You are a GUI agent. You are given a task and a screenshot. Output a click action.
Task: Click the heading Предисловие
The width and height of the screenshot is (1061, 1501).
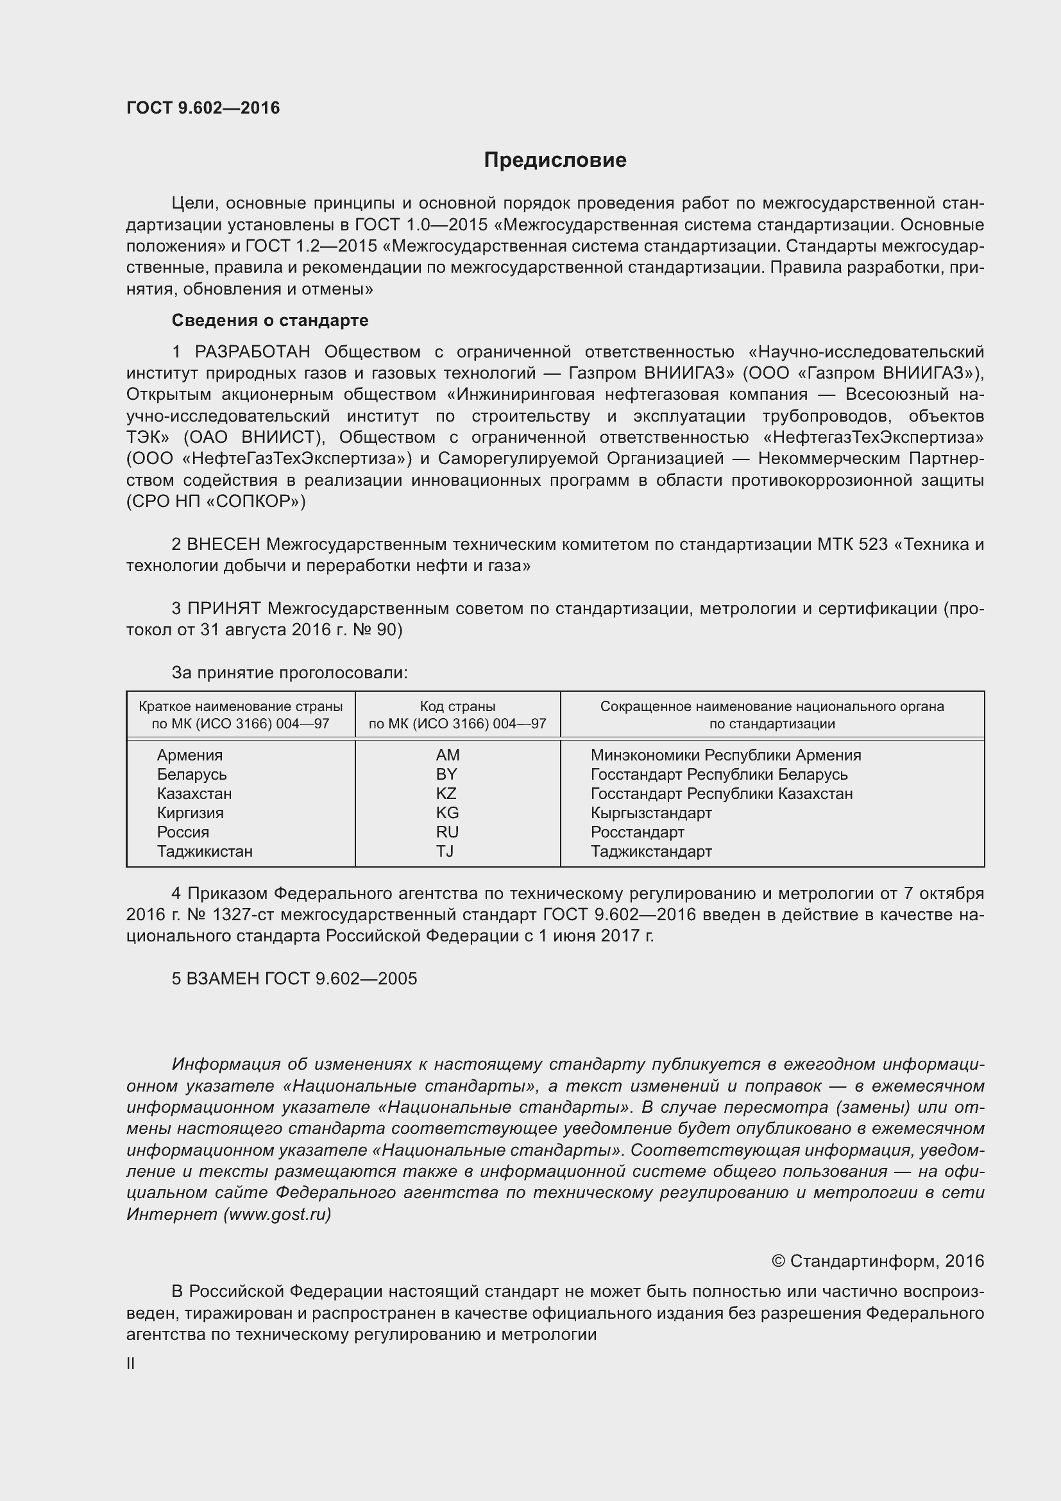[x=555, y=160]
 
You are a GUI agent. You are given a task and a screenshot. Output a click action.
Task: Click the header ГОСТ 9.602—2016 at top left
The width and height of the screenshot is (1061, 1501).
[x=203, y=108]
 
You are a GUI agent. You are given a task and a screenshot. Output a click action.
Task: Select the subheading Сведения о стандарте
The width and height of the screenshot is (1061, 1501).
[x=270, y=320]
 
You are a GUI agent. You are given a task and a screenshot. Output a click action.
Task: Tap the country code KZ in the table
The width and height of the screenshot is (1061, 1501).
[x=446, y=794]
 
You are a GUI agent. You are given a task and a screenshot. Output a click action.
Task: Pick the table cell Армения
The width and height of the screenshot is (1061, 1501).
[x=189, y=755]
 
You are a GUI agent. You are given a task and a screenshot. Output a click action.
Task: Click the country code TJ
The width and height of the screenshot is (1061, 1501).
[x=445, y=851]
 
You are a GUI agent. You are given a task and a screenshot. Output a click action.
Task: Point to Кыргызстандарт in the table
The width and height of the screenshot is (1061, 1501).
[x=650, y=813]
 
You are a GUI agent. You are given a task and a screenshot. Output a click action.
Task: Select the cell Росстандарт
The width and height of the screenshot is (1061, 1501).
[x=637, y=832]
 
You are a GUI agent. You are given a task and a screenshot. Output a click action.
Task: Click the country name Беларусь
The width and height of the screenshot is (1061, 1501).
[x=191, y=775]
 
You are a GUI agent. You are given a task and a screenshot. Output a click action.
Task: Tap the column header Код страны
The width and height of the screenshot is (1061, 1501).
[x=457, y=707]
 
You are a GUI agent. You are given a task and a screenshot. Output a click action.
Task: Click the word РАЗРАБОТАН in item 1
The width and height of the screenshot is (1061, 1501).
[x=252, y=352]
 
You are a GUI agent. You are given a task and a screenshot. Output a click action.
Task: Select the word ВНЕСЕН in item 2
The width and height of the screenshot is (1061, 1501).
[x=223, y=545]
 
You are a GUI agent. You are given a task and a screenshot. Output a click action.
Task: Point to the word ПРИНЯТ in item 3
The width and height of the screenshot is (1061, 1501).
[x=223, y=608]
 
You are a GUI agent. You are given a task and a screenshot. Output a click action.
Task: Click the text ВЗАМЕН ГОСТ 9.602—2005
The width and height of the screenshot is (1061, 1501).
[x=302, y=979]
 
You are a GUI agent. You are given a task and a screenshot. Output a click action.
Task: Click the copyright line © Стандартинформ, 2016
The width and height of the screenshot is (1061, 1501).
[x=878, y=1261]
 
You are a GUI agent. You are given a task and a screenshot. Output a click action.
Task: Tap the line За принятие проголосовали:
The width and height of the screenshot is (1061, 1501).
[x=289, y=673]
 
